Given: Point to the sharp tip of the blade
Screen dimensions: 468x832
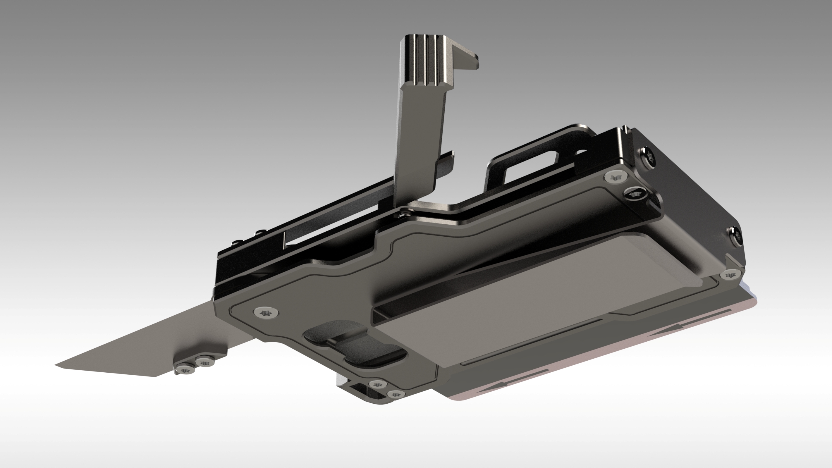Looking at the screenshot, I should click(57, 365).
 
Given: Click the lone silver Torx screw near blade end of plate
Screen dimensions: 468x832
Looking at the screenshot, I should click(266, 312).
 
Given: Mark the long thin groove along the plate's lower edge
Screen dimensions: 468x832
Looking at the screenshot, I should click(530, 342).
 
